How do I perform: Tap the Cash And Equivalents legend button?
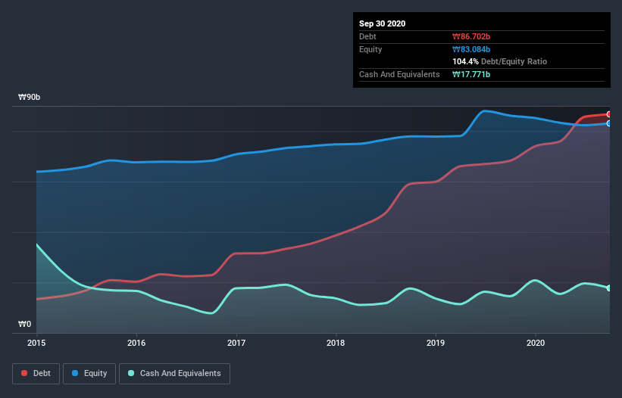174,373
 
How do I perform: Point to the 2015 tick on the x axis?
36,343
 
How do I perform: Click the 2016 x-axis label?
136,343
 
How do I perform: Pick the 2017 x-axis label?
236,343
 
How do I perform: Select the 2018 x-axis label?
336,343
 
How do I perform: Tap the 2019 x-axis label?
436,343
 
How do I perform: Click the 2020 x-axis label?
536,343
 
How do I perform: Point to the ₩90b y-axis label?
29,98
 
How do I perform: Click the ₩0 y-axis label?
25,325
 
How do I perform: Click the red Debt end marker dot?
608,114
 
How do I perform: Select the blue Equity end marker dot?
608,123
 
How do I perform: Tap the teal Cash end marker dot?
608,288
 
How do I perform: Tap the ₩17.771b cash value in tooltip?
471,74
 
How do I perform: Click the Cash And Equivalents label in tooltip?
399,74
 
